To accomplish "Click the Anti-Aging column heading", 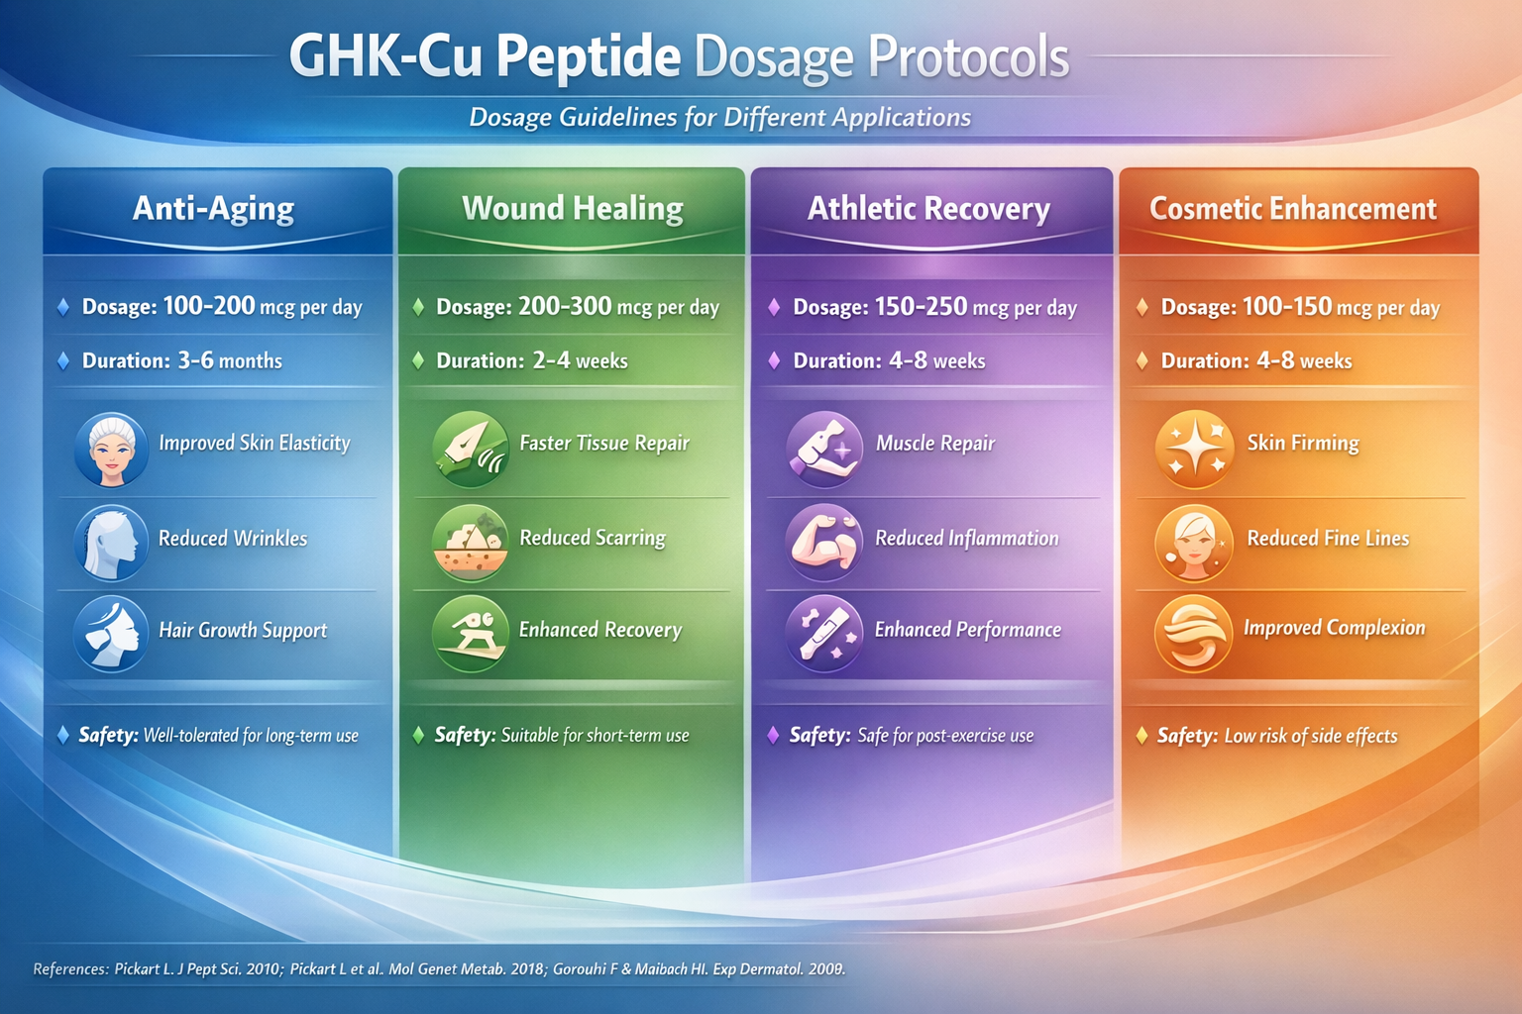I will click(213, 208).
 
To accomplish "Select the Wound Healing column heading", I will click(572, 208).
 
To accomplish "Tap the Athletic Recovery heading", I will click(928, 208).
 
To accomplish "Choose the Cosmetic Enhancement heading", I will click(1292, 208).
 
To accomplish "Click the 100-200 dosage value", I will click(209, 306).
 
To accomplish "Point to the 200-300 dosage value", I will click(565, 306).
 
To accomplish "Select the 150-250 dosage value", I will click(921, 306).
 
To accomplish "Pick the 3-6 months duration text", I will click(229, 360).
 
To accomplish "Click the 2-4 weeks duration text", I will click(580, 360).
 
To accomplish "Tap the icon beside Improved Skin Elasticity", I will click(111, 450).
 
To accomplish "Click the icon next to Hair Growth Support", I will click(111, 634).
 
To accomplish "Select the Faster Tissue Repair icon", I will click(471, 449).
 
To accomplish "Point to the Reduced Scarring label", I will click(592, 538).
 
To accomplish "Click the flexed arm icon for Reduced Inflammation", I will click(823, 543).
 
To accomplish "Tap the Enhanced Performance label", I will click(967, 630).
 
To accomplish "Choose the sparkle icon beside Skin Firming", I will click(1194, 449).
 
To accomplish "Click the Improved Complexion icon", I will click(1193, 634).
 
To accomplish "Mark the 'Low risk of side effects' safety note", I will click(1310, 736).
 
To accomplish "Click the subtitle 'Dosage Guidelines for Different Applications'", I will click(719, 117).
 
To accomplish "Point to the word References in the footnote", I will click(70, 968).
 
